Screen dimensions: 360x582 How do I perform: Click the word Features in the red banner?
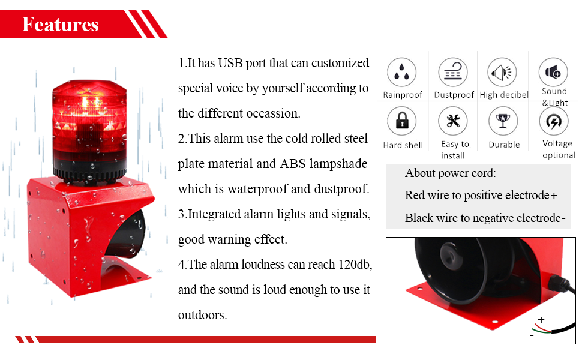[60, 24]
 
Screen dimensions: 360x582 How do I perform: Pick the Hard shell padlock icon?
[402, 122]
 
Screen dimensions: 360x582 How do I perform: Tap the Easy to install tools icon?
[453, 122]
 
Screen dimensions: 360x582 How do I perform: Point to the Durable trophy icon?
[503, 122]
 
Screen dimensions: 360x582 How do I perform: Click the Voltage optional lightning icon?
[553, 122]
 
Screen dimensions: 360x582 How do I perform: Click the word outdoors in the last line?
[202, 315]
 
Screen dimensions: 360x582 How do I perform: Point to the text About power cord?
[451, 173]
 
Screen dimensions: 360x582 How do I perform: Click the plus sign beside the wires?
[541, 320]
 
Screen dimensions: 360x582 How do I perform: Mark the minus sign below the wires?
[532, 335]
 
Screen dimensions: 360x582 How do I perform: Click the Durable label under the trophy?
[504, 145]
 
